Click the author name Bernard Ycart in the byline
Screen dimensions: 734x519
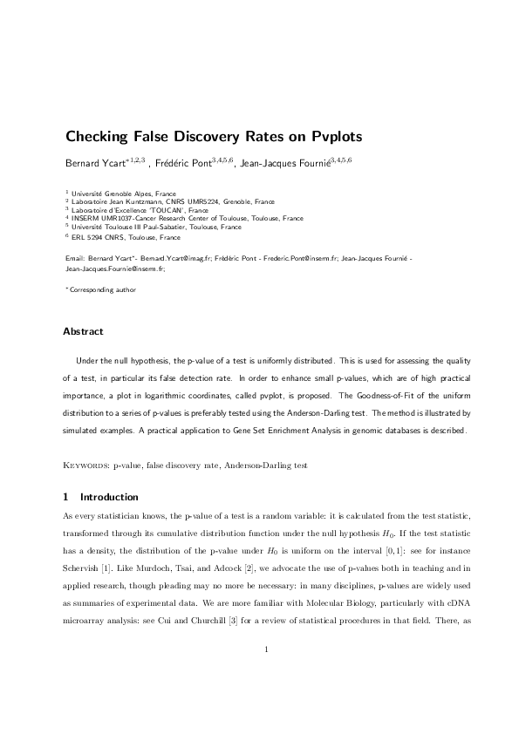tap(97, 162)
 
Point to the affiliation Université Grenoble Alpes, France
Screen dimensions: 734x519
tap(123, 194)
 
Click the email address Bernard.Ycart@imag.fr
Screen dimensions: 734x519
tap(178, 260)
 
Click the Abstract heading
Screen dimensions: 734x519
tap(83, 331)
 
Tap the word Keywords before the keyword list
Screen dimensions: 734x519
tap(84, 466)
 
